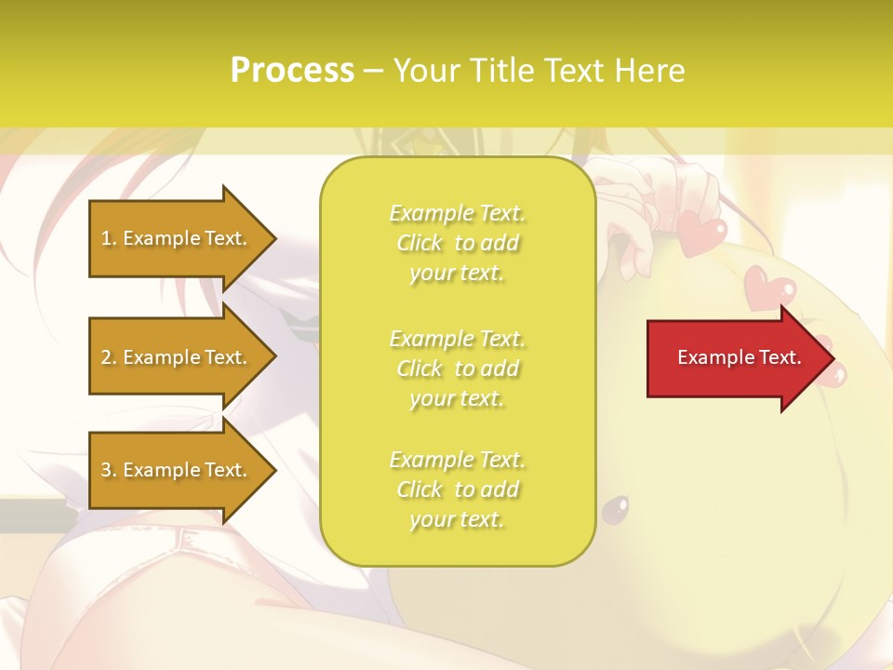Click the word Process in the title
(x=292, y=71)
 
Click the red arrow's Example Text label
(x=739, y=357)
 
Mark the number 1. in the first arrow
(x=109, y=238)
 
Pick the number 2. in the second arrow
(x=109, y=357)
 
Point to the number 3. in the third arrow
(x=109, y=470)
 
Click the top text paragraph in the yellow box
(x=457, y=243)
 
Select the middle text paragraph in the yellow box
(x=457, y=368)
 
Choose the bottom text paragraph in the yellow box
(x=457, y=489)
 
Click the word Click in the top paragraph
(x=420, y=244)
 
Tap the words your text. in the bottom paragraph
(x=457, y=520)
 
